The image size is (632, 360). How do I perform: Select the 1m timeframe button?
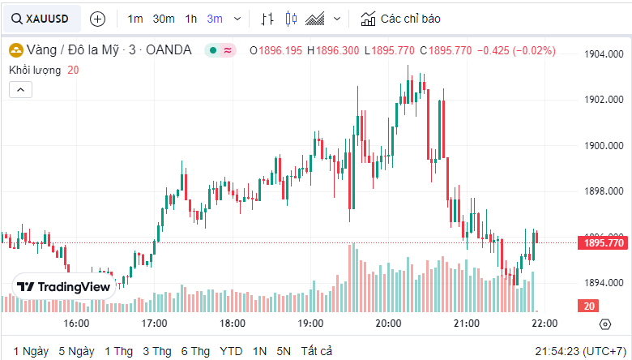(135, 18)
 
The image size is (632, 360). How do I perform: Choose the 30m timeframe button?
(164, 18)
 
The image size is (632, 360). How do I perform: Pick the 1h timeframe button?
(190, 18)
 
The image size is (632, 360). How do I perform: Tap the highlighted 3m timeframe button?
(215, 18)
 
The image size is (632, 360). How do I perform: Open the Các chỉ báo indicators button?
(403, 18)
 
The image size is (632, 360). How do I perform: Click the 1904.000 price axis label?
(604, 54)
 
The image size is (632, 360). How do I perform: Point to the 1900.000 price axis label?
(604, 146)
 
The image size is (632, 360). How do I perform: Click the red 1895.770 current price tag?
(604, 242)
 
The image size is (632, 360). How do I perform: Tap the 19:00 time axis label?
(310, 324)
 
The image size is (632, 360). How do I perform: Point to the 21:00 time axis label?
(466, 324)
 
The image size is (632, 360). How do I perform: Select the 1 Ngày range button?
(31, 351)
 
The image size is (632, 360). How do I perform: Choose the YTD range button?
(231, 351)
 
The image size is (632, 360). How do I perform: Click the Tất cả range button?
(316, 351)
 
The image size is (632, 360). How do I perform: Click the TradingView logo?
(63, 286)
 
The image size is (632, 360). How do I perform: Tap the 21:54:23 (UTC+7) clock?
(579, 351)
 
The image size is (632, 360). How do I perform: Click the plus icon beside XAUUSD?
(97, 18)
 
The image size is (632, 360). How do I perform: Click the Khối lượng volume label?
(35, 70)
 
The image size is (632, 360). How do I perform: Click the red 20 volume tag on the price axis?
(589, 306)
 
